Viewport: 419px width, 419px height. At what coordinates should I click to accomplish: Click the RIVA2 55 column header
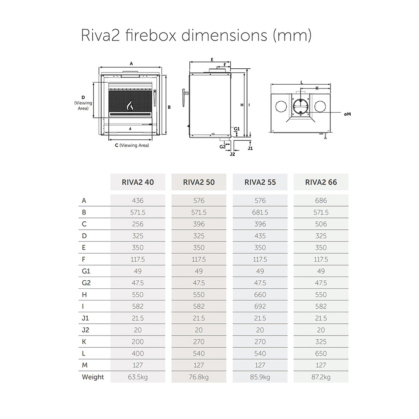pos(260,182)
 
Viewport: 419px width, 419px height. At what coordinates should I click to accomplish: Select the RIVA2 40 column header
pos(137,182)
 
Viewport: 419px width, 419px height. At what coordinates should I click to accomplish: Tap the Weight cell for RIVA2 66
pos(321,377)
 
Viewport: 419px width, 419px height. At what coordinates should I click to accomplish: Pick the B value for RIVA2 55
pos(260,212)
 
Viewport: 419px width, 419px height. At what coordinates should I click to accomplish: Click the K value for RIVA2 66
pos(321,342)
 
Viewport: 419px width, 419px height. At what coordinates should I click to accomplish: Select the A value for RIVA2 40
pos(137,201)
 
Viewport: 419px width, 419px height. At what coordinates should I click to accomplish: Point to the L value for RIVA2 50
pos(199,354)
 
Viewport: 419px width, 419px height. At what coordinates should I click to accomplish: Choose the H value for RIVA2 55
pos(260,295)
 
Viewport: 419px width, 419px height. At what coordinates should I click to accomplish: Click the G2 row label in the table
pos(86,283)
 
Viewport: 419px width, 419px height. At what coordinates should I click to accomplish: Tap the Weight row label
pos(93,377)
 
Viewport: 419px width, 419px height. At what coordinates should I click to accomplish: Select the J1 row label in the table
pos(85,318)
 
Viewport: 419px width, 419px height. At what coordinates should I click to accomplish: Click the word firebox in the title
pos(150,35)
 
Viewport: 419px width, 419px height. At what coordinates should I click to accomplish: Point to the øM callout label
pos(347,114)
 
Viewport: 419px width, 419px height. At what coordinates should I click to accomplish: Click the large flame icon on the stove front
pos(130,105)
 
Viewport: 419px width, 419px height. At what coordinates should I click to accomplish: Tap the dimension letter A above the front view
pos(131,64)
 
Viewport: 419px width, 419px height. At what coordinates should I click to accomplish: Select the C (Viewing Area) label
pos(132,145)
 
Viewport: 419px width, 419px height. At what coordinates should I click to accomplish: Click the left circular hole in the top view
pos(281,107)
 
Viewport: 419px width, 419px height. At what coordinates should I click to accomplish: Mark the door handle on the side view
pos(185,98)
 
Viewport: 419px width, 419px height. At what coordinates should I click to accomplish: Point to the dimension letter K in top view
pos(317,88)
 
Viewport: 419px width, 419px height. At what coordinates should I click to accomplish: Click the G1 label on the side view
pos(237,129)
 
